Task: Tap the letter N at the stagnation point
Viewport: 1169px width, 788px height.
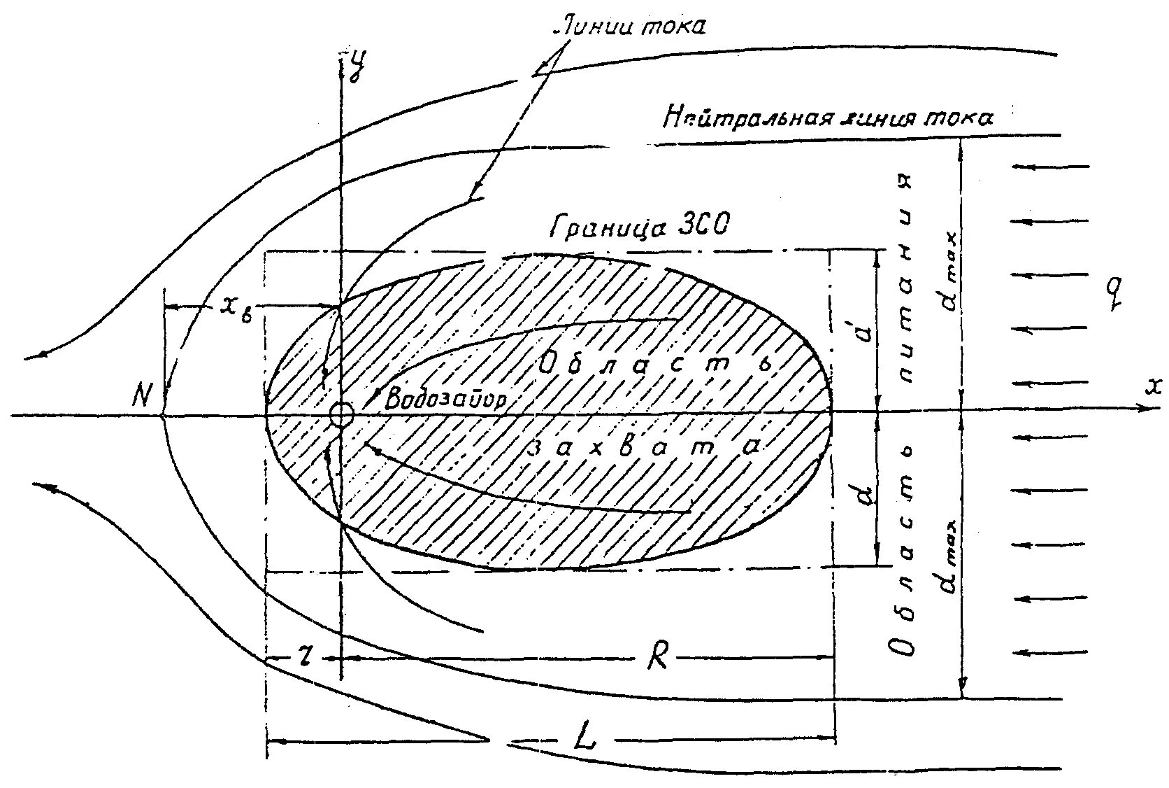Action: [143, 397]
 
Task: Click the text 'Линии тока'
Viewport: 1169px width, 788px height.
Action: [629, 27]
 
